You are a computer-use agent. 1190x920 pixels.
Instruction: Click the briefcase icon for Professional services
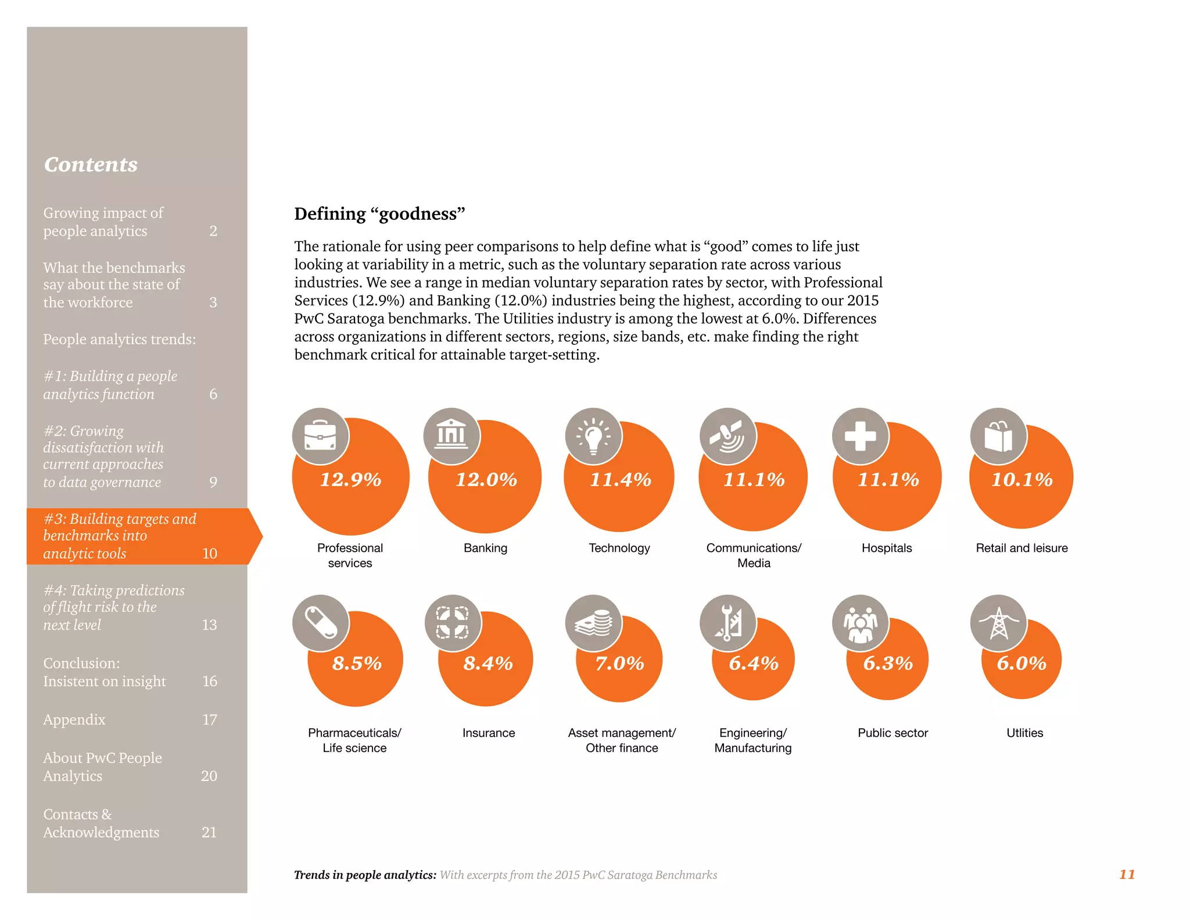click(x=320, y=436)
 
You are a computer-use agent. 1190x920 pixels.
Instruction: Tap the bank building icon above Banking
click(x=451, y=436)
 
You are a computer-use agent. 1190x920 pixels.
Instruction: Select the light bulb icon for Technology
click(x=593, y=436)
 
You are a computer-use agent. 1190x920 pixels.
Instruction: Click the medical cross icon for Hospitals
click(x=861, y=436)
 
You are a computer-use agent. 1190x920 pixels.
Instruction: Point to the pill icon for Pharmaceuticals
click(x=320, y=623)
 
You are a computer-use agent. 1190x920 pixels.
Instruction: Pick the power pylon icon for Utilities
click(x=998, y=623)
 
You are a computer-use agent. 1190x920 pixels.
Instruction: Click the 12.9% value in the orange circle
click(x=350, y=480)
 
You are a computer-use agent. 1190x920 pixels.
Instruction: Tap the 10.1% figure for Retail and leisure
click(x=1021, y=480)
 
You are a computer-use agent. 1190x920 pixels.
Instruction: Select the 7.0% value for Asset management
click(x=619, y=663)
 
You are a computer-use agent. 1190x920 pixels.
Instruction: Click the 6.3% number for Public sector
click(x=887, y=663)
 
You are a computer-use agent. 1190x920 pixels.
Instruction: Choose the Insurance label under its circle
click(x=488, y=733)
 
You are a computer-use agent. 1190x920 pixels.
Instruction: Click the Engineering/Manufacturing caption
click(x=753, y=740)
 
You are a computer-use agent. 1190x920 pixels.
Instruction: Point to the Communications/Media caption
click(x=754, y=555)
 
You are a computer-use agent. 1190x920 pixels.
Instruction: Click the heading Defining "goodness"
click(x=379, y=214)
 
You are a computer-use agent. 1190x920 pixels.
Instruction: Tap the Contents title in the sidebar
click(x=91, y=165)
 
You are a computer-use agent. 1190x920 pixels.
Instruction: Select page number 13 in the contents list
click(x=209, y=625)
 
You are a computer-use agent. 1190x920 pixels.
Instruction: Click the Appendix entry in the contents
click(x=74, y=719)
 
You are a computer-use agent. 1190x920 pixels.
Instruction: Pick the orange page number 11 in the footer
click(x=1127, y=874)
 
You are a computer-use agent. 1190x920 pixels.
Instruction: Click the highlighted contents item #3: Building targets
click(x=120, y=536)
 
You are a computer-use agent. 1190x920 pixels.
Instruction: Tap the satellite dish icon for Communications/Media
click(x=727, y=436)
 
